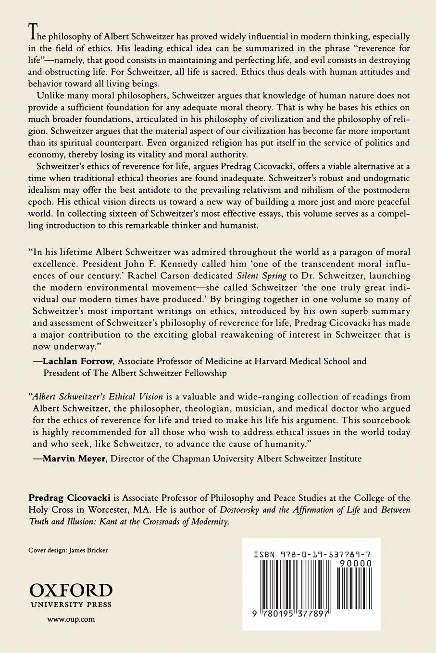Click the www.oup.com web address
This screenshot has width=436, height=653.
click(71, 619)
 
